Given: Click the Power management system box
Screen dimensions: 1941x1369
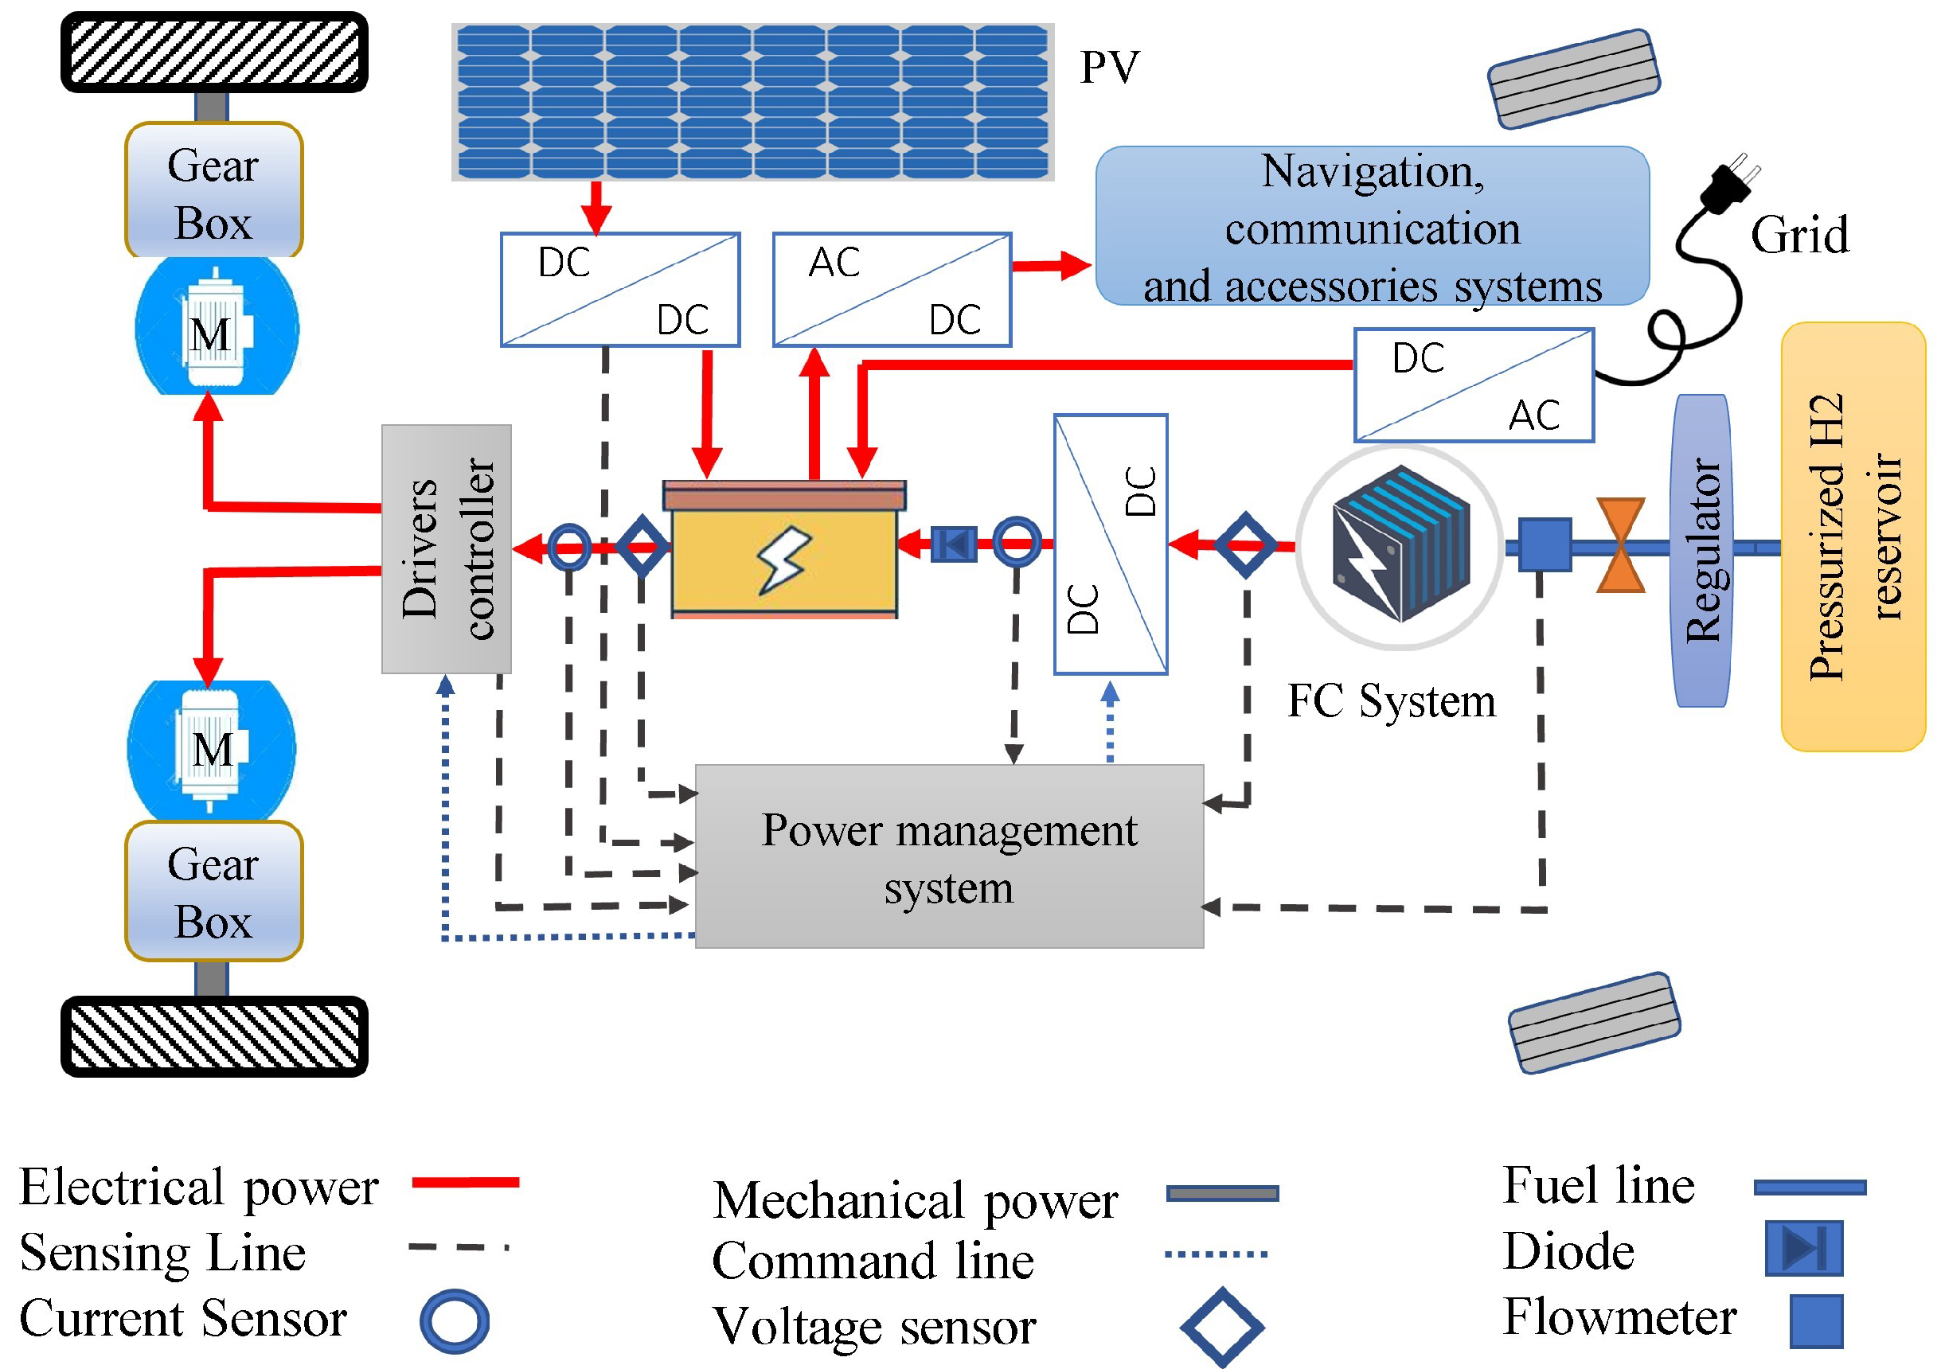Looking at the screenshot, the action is tap(948, 856).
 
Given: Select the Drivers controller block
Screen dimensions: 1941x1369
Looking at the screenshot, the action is tap(447, 549).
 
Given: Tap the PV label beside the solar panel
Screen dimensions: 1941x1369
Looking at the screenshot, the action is tap(1109, 67).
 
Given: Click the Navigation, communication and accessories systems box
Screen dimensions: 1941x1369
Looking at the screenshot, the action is tap(1372, 225).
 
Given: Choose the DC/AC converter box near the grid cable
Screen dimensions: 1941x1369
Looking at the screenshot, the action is tap(1474, 385).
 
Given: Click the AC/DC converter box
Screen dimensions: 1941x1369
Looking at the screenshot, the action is tap(892, 290).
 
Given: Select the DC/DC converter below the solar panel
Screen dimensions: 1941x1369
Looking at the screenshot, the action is tap(620, 290).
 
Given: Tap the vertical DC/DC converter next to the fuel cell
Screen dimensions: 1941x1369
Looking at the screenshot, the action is tap(1111, 544).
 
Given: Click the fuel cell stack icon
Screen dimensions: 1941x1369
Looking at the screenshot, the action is tap(1400, 546).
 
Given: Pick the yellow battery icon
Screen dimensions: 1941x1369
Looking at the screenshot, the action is tap(784, 549).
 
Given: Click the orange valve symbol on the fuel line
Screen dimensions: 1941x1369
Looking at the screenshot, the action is tap(1621, 545).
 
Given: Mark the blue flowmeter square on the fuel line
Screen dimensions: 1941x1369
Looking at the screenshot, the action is tap(1545, 545).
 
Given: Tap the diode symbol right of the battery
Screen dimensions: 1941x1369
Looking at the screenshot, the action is tap(954, 544).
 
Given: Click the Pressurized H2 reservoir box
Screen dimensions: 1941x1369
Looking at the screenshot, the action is tap(1853, 536).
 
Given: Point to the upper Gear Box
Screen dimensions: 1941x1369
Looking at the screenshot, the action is tap(214, 190).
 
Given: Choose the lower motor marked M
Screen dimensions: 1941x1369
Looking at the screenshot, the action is tap(211, 749).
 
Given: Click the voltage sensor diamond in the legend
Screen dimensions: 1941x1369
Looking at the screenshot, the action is tap(1222, 1327).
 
